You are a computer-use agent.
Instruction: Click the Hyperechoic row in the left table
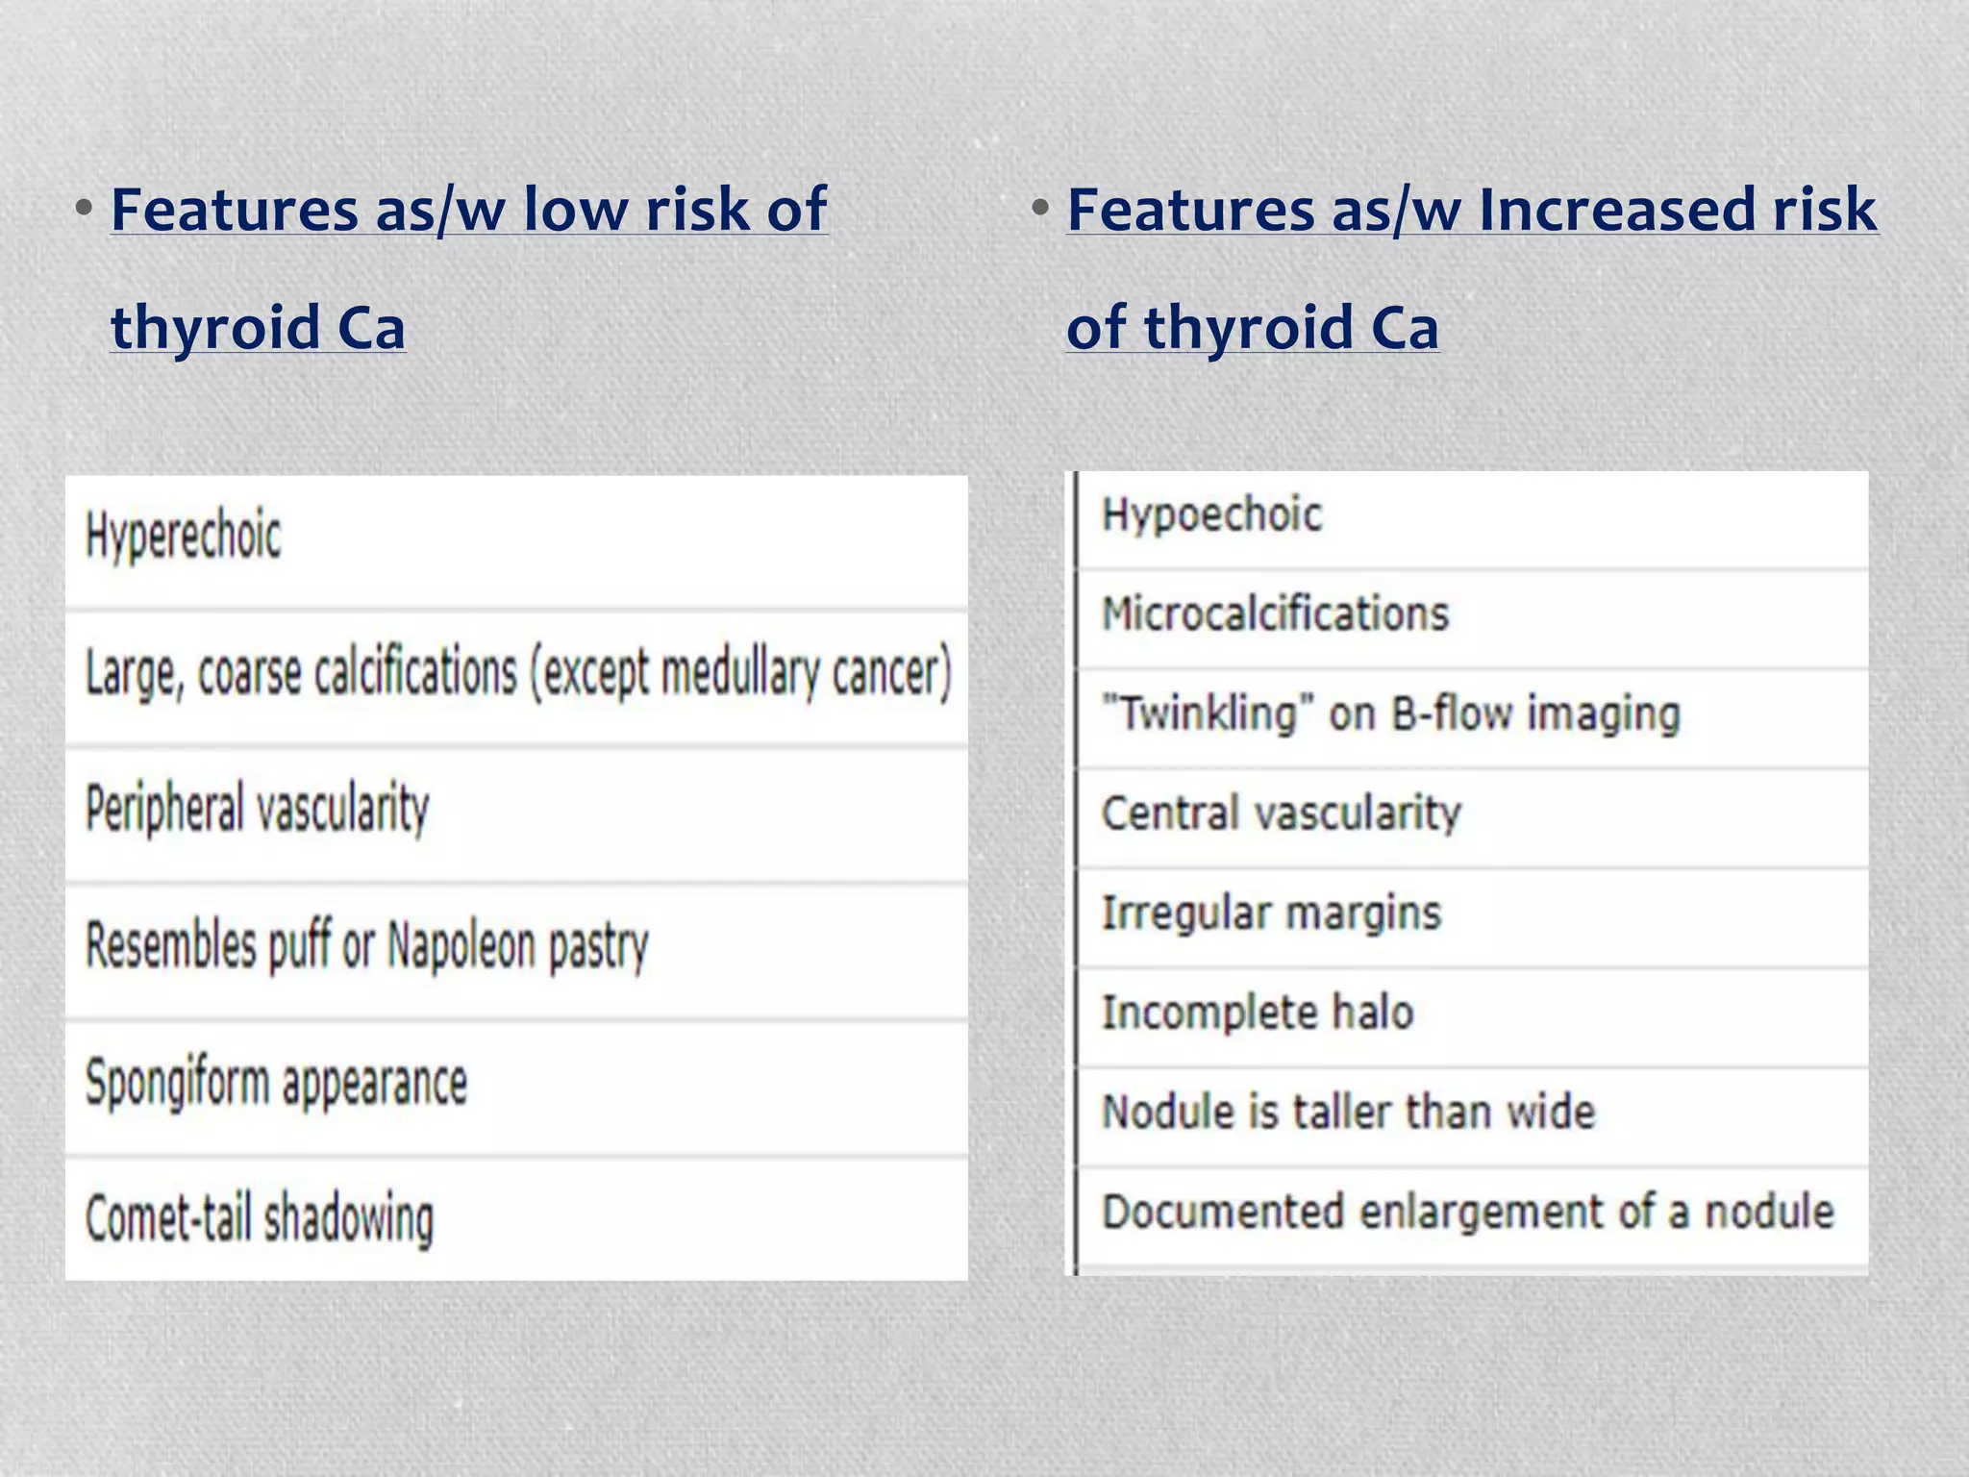(184, 535)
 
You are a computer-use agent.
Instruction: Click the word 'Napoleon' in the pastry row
(461, 946)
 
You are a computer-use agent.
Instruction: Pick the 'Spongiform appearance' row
(276, 1083)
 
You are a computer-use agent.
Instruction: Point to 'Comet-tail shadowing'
(260, 1218)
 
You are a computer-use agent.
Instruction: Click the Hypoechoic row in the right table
(1211, 515)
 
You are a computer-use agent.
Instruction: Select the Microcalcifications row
(1275, 614)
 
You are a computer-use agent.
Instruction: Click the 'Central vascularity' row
(1281, 814)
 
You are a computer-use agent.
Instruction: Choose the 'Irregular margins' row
(1271, 913)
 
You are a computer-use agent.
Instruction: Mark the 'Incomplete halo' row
(1258, 1013)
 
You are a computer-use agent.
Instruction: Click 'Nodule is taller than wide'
(1348, 1113)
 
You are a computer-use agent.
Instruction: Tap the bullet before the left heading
(85, 208)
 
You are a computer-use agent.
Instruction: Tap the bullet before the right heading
(1040, 208)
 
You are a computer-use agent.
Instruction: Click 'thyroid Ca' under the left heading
(258, 327)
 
